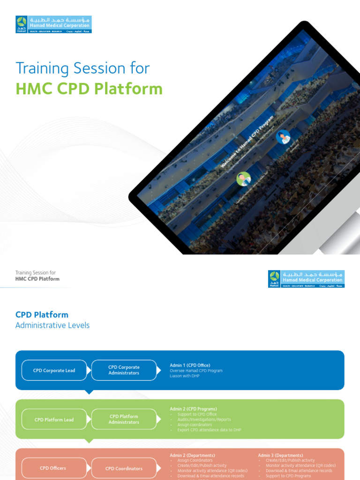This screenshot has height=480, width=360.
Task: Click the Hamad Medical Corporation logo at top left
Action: tap(53, 24)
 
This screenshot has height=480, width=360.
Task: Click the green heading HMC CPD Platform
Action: tap(89, 89)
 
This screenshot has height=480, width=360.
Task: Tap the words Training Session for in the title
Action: tap(82, 68)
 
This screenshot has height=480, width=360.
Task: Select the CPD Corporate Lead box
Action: tap(54, 370)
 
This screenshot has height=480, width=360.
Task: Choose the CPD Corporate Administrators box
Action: tap(124, 370)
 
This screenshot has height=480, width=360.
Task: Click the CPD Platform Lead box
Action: tap(54, 420)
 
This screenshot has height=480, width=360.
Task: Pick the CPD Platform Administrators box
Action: tap(124, 419)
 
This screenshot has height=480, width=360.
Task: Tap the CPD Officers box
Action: tap(53, 468)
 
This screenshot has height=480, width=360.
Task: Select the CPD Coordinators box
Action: tap(124, 468)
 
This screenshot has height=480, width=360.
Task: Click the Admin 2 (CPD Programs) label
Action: tap(193, 409)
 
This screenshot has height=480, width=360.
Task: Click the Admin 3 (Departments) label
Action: tap(280, 455)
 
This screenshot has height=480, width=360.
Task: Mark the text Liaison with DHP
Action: tap(184, 376)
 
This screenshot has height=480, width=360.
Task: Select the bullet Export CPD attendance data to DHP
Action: tap(209, 430)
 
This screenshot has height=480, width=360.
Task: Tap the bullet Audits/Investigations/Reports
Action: tap(204, 420)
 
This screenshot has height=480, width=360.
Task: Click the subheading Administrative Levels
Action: tap(52, 325)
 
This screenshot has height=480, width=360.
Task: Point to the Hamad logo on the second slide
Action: tap(306, 279)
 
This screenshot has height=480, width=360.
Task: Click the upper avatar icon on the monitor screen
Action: tap(283, 137)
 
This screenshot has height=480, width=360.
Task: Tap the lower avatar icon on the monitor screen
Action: tap(243, 179)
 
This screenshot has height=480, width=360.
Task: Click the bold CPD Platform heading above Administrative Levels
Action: tap(42, 315)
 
